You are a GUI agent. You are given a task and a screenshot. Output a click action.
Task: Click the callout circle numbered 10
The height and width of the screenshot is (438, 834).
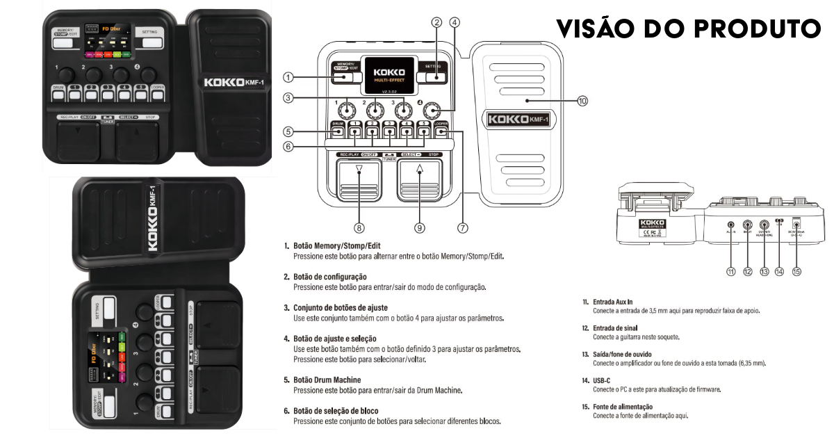click(582, 101)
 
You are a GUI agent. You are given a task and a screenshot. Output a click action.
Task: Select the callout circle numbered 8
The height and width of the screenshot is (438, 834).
click(359, 227)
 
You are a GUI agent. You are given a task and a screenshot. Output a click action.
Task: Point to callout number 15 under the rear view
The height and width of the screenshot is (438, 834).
click(796, 272)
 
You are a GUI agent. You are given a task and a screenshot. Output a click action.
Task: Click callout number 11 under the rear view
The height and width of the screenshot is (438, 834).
click(730, 272)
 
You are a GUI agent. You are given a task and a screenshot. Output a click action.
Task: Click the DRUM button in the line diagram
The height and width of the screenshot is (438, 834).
click(337, 128)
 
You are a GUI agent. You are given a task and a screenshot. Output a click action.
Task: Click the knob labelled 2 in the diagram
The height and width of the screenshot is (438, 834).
click(375, 110)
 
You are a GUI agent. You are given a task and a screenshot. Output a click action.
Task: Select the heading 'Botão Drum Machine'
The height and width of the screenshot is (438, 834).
click(327, 380)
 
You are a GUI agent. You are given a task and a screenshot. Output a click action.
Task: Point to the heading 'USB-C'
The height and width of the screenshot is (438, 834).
click(603, 381)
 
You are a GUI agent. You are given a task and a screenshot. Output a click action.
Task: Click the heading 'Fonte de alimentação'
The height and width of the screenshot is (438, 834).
click(623, 407)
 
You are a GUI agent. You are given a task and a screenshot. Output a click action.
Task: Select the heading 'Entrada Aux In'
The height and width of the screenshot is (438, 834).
click(614, 302)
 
